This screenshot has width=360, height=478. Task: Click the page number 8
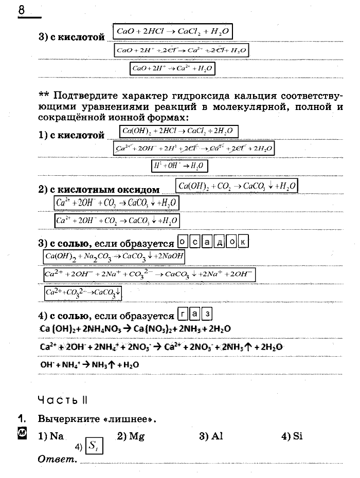[x=22, y=10]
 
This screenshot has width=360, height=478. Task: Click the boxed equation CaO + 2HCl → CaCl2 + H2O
[x=172, y=32]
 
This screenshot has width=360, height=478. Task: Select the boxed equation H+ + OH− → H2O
[x=179, y=166]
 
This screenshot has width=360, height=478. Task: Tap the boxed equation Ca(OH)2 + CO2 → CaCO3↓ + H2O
[x=237, y=186]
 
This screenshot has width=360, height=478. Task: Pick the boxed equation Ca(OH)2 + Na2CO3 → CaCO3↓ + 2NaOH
[x=114, y=256]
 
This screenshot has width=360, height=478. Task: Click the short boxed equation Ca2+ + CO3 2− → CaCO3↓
[x=83, y=293]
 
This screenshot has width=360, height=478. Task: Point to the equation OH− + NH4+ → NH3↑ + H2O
[x=89, y=364]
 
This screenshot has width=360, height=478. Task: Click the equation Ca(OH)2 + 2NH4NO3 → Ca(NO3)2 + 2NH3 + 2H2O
[x=135, y=328]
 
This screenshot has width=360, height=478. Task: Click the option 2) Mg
[x=129, y=436]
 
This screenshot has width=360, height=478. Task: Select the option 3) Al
[x=211, y=436]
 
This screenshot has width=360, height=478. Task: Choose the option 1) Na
[x=51, y=436]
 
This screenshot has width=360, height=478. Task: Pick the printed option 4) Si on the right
[x=292, y=436]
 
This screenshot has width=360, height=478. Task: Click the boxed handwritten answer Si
[x=94, y=446]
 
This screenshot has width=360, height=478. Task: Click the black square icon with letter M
[x=22, y=434]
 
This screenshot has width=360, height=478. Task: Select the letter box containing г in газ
[x=183, y=314]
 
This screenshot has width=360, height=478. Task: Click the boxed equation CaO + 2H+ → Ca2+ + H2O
[x=172, y=68]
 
